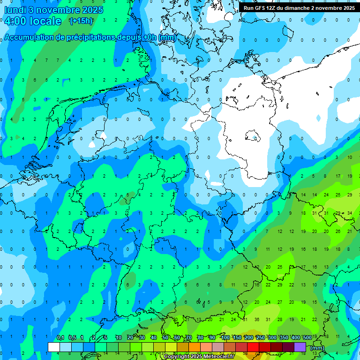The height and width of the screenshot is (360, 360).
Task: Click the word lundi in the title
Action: tap(15, 10)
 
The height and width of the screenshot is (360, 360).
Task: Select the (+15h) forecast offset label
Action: tap(81, 21)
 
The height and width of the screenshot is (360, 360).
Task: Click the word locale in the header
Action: tap(45, 21)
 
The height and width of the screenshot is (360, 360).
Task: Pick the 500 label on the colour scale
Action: tap(307, 337)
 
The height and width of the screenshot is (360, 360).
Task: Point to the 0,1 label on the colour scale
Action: tap(60, 337)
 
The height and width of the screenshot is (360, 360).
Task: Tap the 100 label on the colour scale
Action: tap(225, 337)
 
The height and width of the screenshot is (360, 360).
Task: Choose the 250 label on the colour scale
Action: tap(260, 337)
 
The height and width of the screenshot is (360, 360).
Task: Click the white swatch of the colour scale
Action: tap(54, 347)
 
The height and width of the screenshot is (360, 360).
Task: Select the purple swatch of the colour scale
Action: tap(300, 347)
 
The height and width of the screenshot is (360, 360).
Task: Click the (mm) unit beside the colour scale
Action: tap(317, 348)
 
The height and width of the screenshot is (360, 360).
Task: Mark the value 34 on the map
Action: tap(349, 213)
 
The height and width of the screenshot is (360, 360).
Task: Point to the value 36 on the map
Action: tap(256, 320)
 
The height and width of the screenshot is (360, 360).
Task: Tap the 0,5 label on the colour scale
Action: tap(72, 337)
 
